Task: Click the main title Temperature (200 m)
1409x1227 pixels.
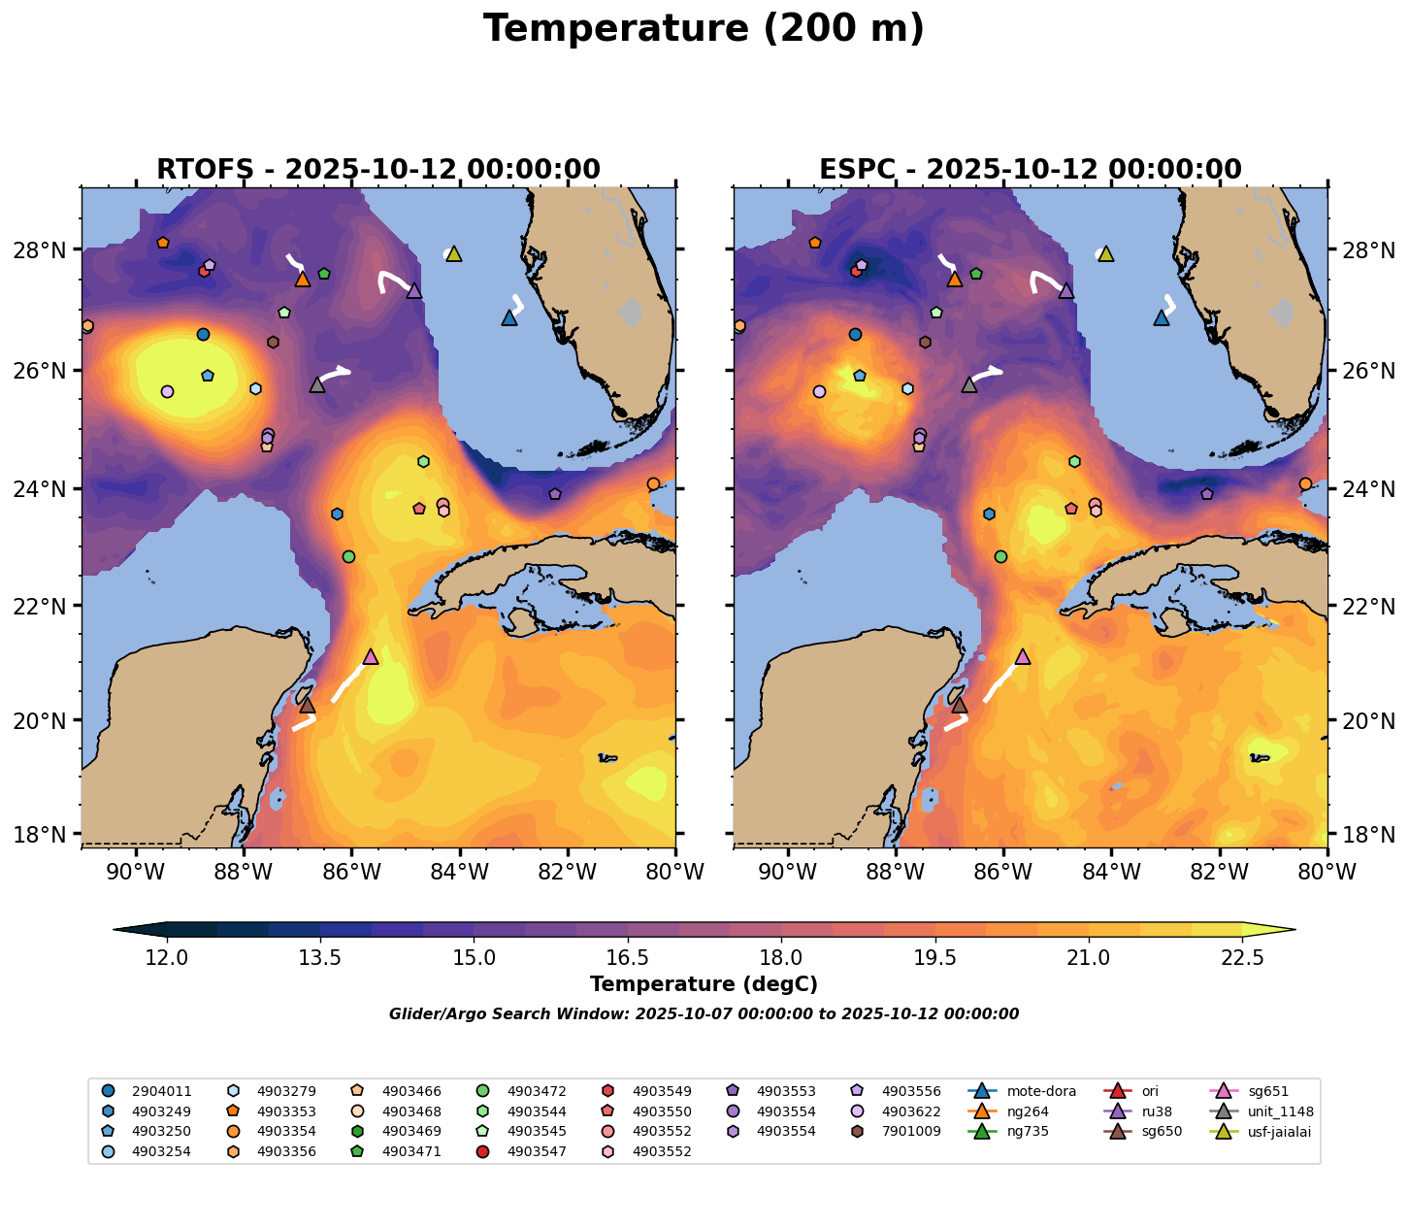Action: coord(704,29)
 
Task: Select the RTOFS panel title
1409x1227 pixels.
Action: coord(378,170)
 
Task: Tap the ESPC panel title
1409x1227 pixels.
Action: coord(1030,170)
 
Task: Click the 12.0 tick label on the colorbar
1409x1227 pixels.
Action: coord(167,958)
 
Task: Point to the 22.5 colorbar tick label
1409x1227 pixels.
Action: coord(1242,958)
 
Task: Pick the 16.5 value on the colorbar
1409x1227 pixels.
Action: coord(628,958)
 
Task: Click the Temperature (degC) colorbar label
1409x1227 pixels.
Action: coord(704,984)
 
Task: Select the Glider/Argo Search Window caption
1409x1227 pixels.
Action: coord(704,1014)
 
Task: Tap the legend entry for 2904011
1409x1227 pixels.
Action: coord(161,1091)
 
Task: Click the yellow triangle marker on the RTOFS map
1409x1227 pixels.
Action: coord(453,254)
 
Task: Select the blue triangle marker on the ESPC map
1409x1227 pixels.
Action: coord(1162,318)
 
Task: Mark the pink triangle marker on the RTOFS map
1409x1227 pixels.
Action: coord(370,657)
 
